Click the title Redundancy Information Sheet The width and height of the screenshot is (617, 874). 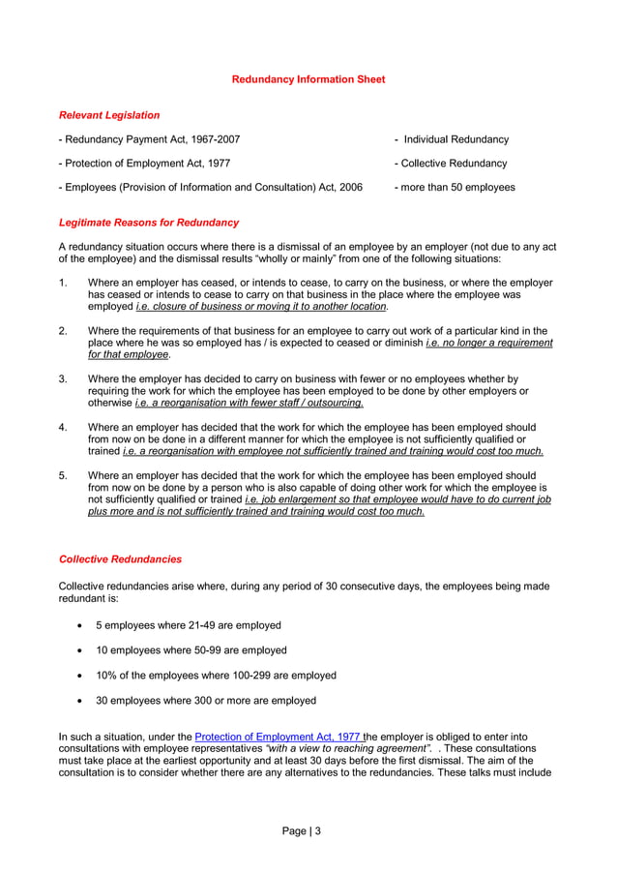[x=308, y=79]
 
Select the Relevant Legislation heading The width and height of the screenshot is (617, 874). [x=109, y=115]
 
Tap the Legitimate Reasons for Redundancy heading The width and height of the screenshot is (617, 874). [x=149, y=223]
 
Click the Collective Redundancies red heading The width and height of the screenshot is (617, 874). [x=120, y=559]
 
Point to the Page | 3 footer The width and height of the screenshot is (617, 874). [x=301, y=830]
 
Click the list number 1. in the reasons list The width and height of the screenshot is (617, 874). [x=63, y=283]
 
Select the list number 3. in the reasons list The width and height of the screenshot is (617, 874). [x=63, y=379]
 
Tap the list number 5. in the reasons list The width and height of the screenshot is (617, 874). [x=63, y=475]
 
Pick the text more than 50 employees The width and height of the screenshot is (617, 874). [x=456, y=188]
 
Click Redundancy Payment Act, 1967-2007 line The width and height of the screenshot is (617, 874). [x=150, y=139]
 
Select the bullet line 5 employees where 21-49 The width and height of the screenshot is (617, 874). [x=188, y=625]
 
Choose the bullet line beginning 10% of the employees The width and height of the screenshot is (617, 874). [x=216, y=676]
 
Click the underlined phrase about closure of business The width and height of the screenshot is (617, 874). [x=261, y=307]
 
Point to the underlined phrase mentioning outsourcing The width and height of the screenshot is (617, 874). [x=249, y=403]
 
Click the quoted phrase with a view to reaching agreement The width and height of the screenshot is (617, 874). [x=347, y=749]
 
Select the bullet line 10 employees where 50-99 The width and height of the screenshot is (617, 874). [x=191, y=650]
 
